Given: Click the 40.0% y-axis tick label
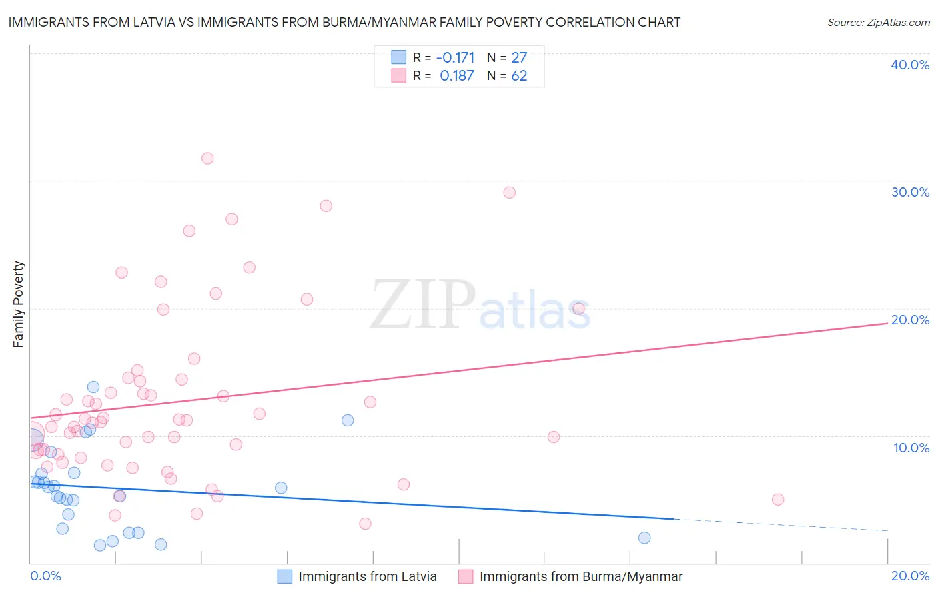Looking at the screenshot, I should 909,65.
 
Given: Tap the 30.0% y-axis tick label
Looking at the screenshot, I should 909,192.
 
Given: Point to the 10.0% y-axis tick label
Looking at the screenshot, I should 911,448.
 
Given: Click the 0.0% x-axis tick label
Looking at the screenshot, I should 45,576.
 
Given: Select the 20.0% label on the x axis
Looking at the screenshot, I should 910,576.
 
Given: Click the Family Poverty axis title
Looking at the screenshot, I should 19,304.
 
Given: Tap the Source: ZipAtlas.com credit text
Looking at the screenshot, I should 878,22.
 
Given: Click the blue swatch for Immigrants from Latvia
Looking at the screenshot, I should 285,576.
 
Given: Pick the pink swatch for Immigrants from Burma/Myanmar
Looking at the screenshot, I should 466,576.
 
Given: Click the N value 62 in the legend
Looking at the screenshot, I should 519,76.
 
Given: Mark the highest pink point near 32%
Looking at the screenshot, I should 207,158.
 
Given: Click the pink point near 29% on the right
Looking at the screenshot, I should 509,192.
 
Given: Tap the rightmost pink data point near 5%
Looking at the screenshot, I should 777,500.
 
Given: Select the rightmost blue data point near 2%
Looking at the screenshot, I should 644,538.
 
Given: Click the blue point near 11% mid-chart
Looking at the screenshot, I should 348,420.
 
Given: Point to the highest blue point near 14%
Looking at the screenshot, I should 93,387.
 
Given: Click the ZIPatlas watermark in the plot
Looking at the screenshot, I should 480,305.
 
